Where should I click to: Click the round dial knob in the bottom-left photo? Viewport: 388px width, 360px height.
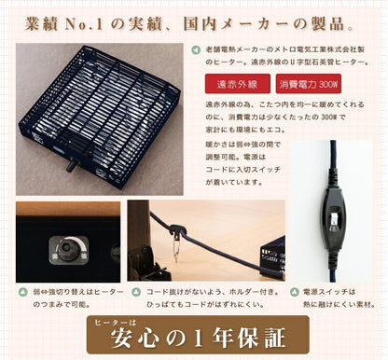68,250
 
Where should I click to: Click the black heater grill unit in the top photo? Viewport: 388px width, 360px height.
104,107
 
